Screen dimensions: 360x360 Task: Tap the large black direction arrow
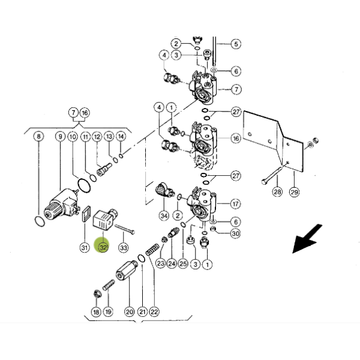click(x=307, y=239)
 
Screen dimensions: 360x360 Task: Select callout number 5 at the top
click(x=236, y=44)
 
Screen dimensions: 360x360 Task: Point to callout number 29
click(x=294, y=192)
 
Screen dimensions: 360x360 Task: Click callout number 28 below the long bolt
click(x=277, y=192)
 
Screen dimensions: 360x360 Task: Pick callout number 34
click(x=164, y=215)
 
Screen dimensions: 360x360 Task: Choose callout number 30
click(x=235, y=233)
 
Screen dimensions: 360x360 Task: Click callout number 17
click(x=236, y=204)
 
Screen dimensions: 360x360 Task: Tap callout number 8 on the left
click(x=38, y=136)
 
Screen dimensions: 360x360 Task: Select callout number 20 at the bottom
click(x=129, y=311)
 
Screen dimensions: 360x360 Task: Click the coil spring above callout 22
click(x=152, y=250)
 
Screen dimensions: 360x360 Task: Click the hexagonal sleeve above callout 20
click(x=126, y=271)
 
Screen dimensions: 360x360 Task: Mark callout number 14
click(x=121, y=136)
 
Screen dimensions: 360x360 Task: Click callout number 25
click(x=183, y=263)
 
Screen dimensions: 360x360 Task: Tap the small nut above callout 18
click(x=97, y=293)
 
